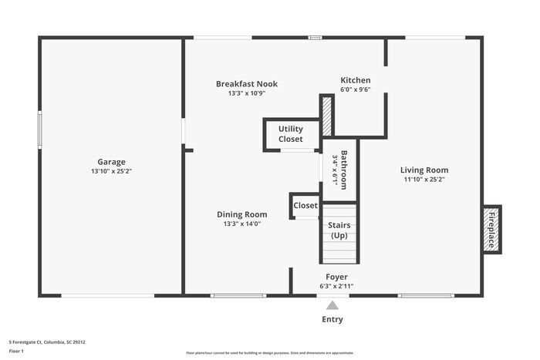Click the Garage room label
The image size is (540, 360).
111,162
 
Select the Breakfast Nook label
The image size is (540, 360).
247,84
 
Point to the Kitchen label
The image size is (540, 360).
356,80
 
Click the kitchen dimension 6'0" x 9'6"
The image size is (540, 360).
356,89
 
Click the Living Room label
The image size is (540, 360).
424,170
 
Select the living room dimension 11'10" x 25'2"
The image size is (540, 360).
424,180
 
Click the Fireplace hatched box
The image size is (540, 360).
491,228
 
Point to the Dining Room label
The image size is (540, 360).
242,214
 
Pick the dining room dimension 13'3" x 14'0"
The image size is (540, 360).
242,224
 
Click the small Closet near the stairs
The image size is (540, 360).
305,206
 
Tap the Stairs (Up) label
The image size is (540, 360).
339,230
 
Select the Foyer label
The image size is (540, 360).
336,277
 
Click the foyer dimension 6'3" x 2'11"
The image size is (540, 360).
336,286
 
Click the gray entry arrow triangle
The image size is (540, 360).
332,305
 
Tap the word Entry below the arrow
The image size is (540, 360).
332,319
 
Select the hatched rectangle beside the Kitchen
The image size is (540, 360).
327,116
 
